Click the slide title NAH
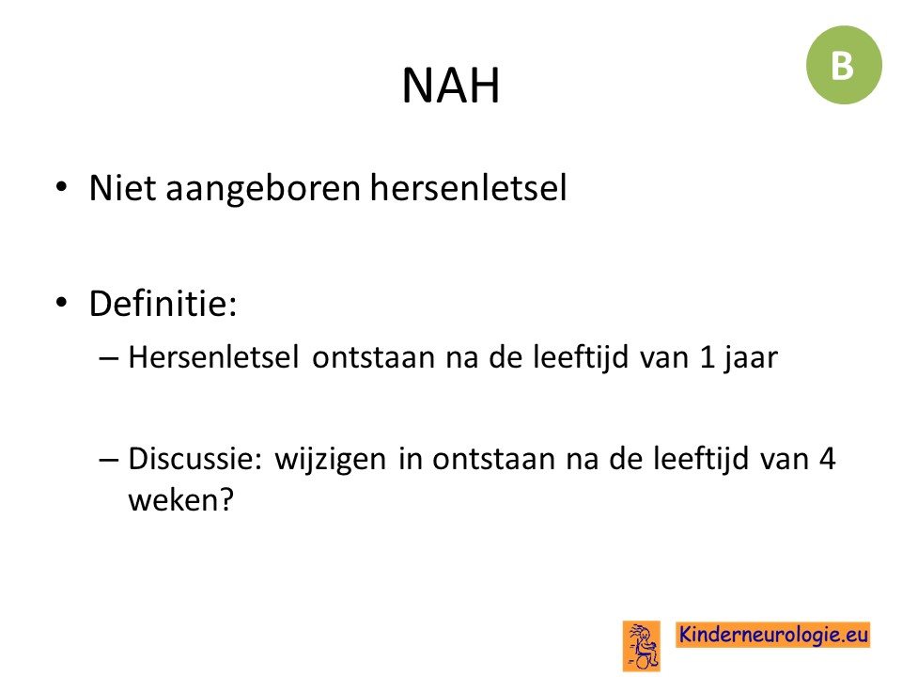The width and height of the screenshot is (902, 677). coord(450,86)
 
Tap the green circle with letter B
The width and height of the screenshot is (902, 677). coord(844,65)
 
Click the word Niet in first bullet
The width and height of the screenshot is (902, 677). coord(122,188)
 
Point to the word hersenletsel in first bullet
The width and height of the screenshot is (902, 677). coord(468,188)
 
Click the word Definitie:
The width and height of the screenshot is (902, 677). coord(163,303)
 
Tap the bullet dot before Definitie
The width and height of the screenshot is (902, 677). coord(62,302)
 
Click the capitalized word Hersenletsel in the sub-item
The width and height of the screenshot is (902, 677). coord(213,357)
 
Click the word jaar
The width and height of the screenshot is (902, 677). coord(750,359)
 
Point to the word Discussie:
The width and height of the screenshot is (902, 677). coord(195,459)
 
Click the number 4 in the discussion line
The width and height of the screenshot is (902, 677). coord(827,459)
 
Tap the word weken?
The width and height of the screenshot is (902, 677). coord(181,499)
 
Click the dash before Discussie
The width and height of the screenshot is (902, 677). coord(109,460)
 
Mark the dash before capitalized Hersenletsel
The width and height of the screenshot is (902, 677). coord(109,358)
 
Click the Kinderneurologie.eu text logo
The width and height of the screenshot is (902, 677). coord(772,635)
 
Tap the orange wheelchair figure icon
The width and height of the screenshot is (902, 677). coord(642,646)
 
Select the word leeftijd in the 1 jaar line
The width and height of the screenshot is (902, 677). coord(581,358)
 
